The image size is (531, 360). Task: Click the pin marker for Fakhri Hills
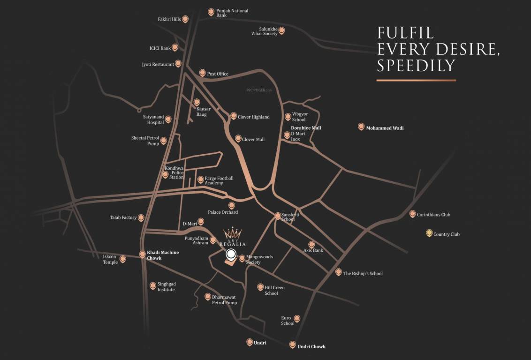pyautogui.click(x=185, y=19)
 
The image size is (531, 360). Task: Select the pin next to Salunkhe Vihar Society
pyautogui.click(x=281, y=30)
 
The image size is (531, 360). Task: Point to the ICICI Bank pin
pyautogui.click(x=175, y=47)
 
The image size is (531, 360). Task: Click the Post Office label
pyautogui.click(x=218, y=74)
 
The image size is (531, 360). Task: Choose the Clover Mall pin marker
pyautogui.click(x=238, y=138)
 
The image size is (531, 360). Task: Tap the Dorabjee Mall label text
pyautogui.click(x=306, y=127)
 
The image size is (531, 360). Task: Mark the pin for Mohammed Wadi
pyautogui.click(x=361, y=127)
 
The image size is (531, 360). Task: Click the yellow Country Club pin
pyautogui.click(x=429, y=233)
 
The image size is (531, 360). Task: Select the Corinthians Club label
pyautogui.click(x=433, y=215)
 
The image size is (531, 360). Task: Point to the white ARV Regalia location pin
pyautogui.click(x=231, y=255)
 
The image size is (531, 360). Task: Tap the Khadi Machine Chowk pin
pyautogui.click(x=143, y=254)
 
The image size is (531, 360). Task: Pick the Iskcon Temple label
pyautogui.click(x=110, y=259)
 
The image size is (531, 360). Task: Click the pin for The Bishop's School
pyautogui.click(x=339, y=272)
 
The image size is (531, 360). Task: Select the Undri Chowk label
pyautogui.click(x=311, y=346)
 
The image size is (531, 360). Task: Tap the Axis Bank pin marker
pyautogui.click(x=311, y=244)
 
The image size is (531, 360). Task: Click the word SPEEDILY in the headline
pyautogui.click(x=416, y=65)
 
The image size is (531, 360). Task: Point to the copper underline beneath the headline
pyautogui.click(x=416, y=80)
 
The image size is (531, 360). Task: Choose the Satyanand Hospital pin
pyautogui.click(x=168, y=119)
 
